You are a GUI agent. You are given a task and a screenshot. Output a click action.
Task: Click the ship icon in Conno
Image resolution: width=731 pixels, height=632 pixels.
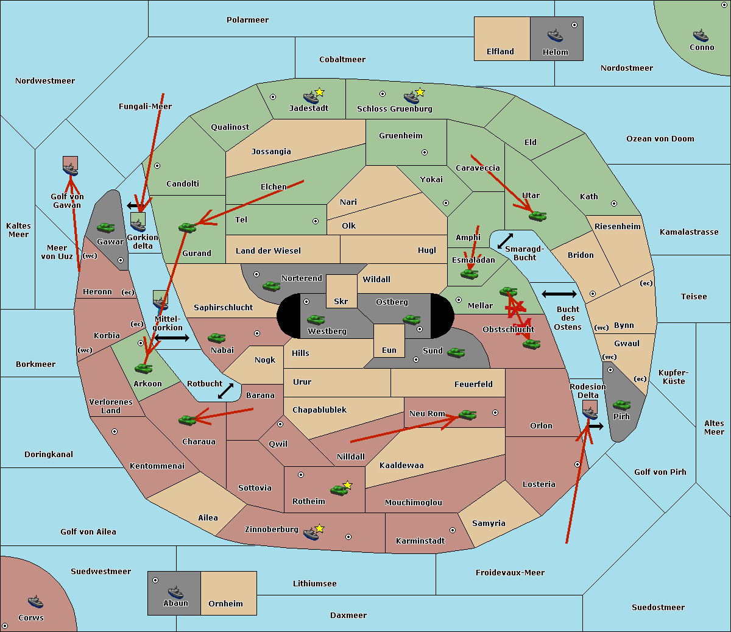coord(701,35)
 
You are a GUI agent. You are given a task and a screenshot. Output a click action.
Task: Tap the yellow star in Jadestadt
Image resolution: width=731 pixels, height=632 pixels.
coord(320,92)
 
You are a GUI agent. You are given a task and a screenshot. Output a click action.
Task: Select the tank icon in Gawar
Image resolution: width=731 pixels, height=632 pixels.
coord(105,227)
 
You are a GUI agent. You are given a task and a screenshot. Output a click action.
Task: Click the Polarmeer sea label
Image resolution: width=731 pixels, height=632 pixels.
coord(247,20)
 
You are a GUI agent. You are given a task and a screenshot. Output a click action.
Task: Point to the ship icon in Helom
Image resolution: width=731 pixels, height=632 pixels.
coord(555,35)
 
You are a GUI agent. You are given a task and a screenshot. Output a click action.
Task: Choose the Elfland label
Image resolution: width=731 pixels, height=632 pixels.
coord(500,52)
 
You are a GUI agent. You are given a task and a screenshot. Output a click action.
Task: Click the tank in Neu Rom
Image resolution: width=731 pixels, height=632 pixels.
coord(467,414)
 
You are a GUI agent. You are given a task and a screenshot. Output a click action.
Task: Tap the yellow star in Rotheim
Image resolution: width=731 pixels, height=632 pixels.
coord(348,485)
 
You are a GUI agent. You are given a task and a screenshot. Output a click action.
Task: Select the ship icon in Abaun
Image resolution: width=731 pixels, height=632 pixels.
coord(175,592)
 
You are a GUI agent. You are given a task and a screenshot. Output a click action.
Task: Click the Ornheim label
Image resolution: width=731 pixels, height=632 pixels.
coord(225,604)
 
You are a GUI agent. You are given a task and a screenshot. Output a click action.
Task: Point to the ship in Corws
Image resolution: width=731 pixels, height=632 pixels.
coord(35,602)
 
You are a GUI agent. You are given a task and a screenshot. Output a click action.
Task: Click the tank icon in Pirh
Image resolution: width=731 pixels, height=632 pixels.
coord(621,405)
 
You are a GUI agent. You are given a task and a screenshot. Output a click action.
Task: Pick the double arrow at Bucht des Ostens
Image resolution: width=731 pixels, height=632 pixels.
coord(559,294)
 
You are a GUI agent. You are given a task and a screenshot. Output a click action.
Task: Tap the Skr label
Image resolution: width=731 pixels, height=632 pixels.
coord(341,302)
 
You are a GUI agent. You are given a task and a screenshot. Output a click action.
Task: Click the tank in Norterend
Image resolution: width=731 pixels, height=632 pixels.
coord(272,286)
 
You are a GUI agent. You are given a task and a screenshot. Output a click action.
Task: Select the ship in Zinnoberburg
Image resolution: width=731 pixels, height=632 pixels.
coord(311,534)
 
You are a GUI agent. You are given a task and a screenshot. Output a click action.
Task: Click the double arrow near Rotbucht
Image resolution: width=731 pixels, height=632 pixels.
coord(225,391)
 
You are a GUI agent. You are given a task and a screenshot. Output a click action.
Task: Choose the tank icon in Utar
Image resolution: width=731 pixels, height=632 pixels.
coord(537,215)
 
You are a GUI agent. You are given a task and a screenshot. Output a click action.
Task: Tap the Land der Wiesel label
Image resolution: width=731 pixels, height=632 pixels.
coord(268,250)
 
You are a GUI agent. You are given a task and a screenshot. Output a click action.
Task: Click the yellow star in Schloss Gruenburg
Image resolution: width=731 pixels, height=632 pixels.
coord(420,93)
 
